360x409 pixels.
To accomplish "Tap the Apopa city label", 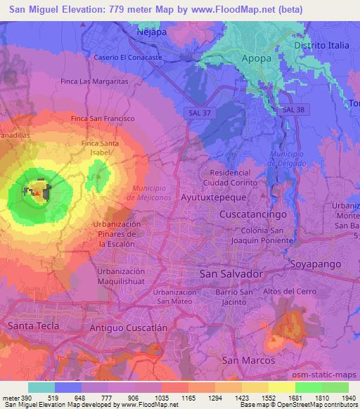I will pos(256,58).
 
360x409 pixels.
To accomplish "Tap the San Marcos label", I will pos(243,360).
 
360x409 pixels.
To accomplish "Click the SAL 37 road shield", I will pos(202,112).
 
